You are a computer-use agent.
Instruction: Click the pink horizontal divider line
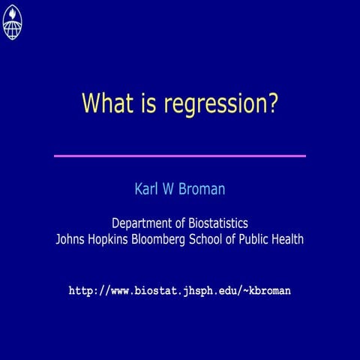tap(180, 156)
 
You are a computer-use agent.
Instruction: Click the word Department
tap(142, 223)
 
